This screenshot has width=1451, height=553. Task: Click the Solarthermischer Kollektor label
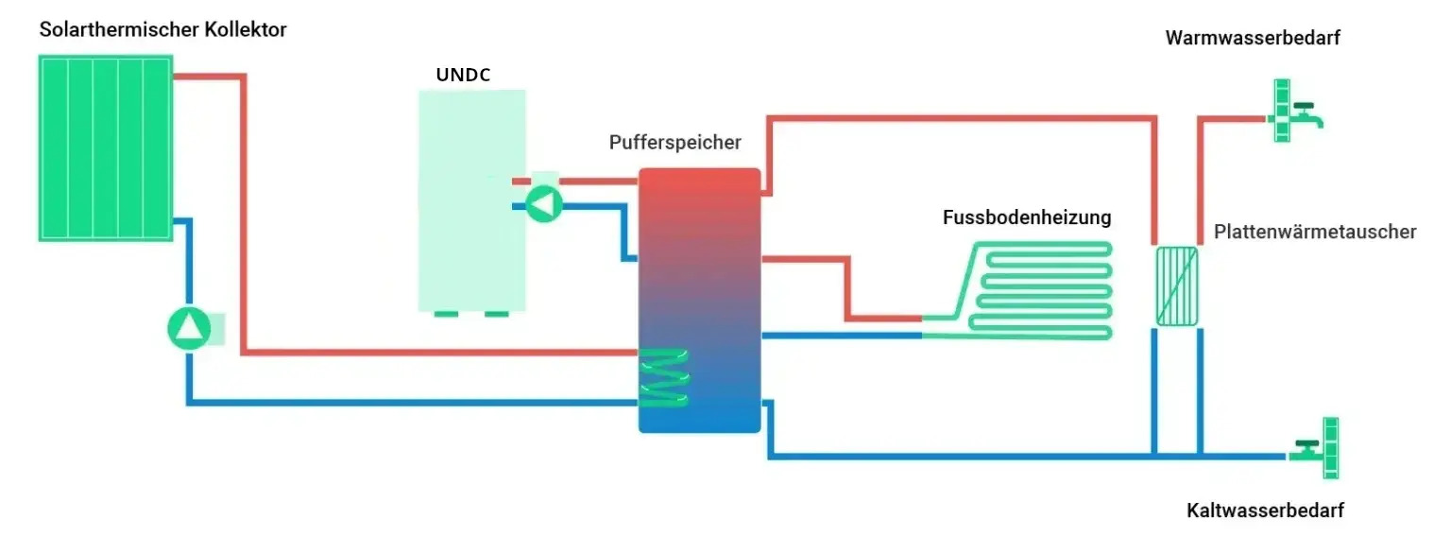[162, 30]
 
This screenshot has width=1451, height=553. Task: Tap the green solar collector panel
[105, 147]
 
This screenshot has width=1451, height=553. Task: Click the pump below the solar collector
[190, 328]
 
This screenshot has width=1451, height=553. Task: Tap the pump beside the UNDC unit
[543, 203]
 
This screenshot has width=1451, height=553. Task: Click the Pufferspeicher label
[674, 143]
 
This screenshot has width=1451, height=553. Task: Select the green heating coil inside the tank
[664, 378]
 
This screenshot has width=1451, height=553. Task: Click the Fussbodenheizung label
[1027, 217]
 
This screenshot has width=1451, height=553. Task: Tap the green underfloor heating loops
[1039, 290]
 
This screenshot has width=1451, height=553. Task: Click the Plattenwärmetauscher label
[1315, 233]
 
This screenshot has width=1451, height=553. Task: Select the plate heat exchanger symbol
[1177, 285]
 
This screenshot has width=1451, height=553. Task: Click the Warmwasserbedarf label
[1253, 38]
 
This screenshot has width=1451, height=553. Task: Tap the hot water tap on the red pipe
[1294, 112]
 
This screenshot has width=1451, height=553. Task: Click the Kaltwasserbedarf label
[1264, 511]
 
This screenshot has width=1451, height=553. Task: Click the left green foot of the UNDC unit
[446, 314]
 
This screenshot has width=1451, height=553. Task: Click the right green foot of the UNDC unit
[496, 314]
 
